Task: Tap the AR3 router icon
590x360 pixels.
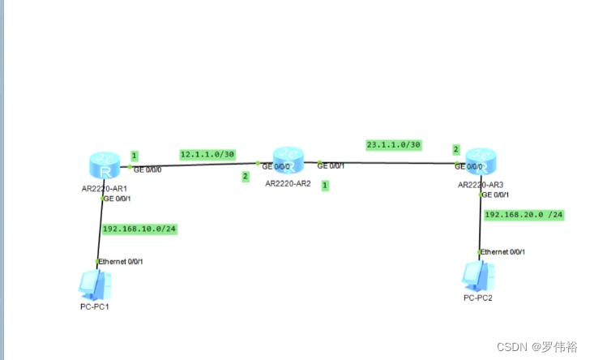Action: pos(481,162)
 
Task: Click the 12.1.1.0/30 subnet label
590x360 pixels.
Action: pos(207,154)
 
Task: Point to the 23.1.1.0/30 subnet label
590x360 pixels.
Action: pos(394,144)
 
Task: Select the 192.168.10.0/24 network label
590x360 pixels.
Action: pos(139,229)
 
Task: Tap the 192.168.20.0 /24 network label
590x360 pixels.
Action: pos(523,215)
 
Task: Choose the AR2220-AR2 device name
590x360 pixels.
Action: pos(289,183)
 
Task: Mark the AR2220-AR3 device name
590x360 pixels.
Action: pos(481,185)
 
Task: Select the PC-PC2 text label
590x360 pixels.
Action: pos(478,298)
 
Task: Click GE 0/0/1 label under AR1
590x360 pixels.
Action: pos(118,198)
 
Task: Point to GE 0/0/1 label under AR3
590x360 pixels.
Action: pos(497,195)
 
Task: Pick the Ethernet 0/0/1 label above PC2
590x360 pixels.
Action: pos(503,252)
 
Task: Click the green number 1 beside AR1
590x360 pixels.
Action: pos(135,156)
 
